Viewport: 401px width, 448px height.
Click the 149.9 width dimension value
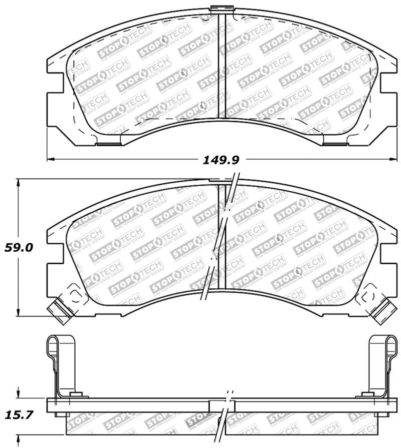click(x=221, y=160)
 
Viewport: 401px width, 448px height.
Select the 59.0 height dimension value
click(x=19, y=247)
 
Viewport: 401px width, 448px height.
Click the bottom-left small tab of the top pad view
click(x=108, y=144)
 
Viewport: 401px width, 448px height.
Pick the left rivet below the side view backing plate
click(x=61, y=414)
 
